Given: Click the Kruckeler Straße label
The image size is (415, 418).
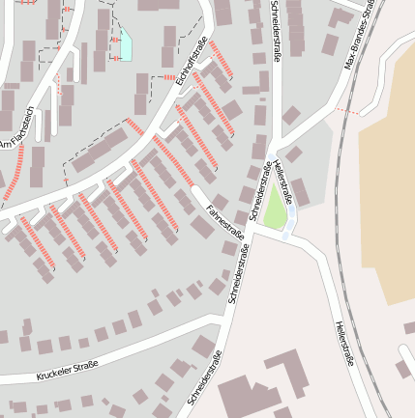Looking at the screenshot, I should point(68,368).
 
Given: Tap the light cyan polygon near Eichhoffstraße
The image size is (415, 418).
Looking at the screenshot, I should point(125,44).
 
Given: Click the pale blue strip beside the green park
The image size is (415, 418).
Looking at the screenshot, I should point(289,229).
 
